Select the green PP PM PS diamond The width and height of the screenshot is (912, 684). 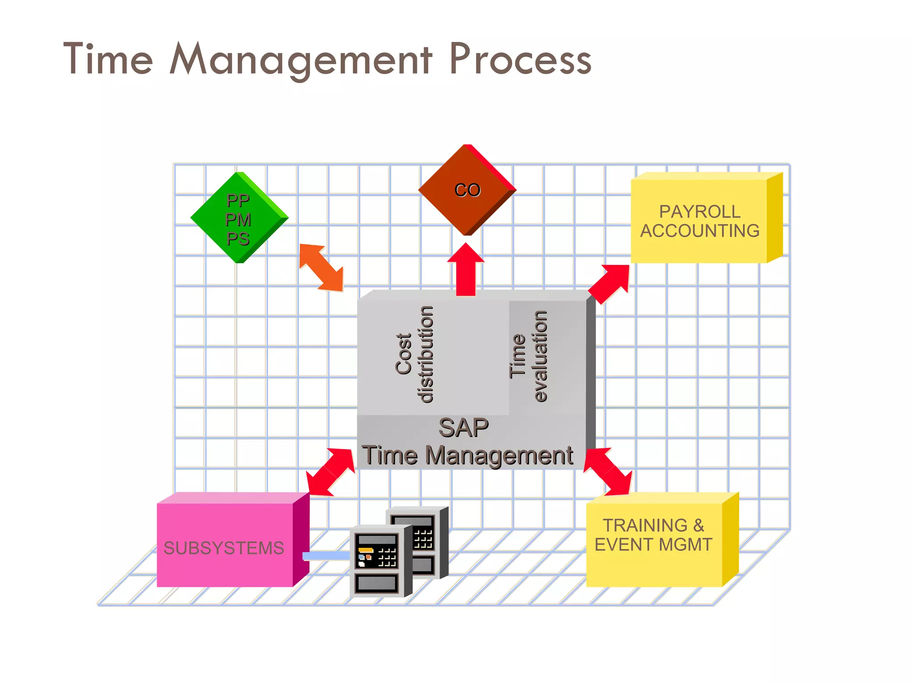(239, 218)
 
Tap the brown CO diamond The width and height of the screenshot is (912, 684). (467, 190)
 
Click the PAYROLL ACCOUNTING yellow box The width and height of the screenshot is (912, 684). (700, 221)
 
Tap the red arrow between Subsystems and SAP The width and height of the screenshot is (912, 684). (331, 472)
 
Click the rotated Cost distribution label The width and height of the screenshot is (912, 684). (415, 354)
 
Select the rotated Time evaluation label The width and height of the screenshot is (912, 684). (528, 356)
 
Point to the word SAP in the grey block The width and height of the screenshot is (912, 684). (463, 428)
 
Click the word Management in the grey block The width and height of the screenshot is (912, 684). (499, 456)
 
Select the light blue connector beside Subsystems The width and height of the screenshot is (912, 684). (326, 556)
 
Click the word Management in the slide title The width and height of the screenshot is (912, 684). (301, 60)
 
